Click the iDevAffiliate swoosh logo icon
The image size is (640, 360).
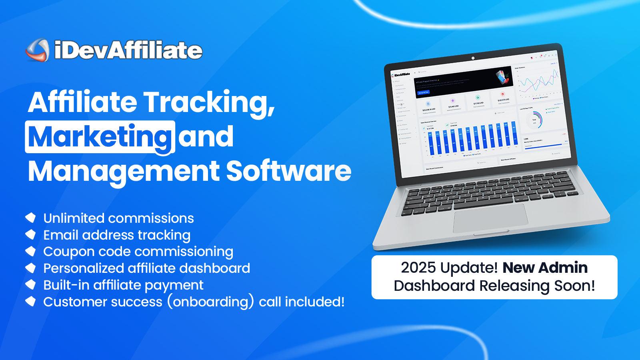[x=37, y=50]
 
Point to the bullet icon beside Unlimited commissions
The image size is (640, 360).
[x=31, y=218]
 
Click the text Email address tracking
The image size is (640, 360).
[x=117, y=235]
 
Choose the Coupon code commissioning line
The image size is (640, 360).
[x=138, y=252]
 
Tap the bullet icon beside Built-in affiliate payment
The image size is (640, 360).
[x=31, y=284]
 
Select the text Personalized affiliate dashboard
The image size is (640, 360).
[x=146, y=268]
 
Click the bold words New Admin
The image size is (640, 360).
[x=545, y=268]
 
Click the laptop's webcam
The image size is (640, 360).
[x=473, y=58]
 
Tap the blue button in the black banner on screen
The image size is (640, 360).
[x=423, y=92]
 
